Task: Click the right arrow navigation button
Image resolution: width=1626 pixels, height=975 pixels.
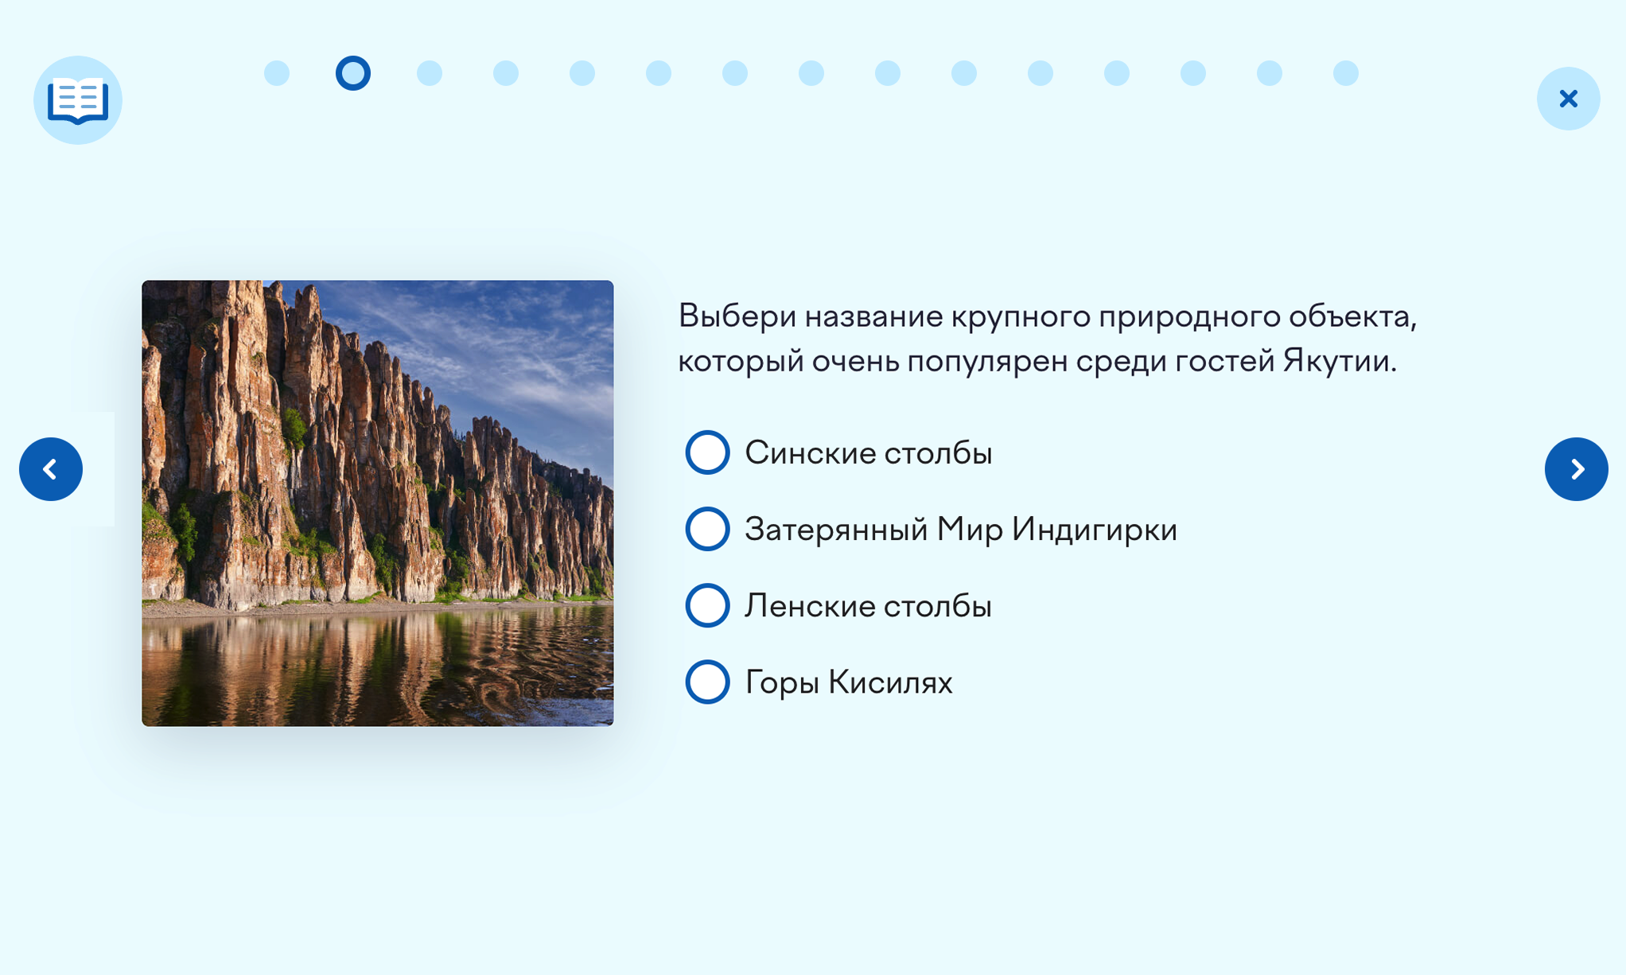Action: (1576, 469)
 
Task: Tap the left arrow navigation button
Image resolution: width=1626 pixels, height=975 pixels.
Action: (51, 469)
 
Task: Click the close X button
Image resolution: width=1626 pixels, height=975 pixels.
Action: (1568, 99)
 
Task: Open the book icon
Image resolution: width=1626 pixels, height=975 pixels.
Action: (78, 100)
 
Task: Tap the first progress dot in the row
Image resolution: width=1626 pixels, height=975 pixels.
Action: (277, 73)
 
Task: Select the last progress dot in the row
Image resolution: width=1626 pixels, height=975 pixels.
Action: (1346, 73)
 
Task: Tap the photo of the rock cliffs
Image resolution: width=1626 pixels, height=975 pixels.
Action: (378, 503)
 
